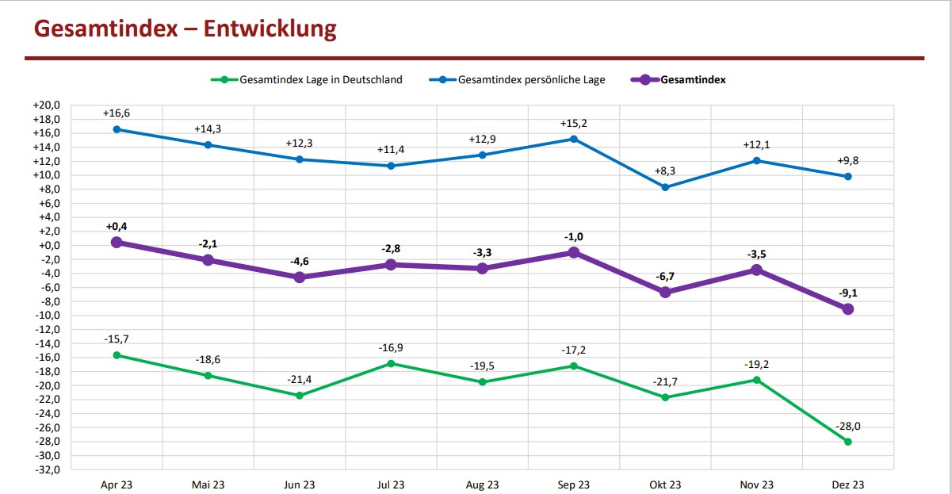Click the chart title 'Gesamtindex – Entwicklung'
(x=185, y=29)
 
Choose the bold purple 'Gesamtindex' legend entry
(x=693, y=79)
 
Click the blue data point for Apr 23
(x=117, y=129)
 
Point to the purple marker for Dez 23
(x=847, y=309)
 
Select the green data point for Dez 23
(x=847, y=442)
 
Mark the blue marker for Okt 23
(x=665, y=187)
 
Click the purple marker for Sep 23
(x=574, y=253)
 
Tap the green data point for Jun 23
(x=300, y=396)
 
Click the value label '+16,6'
(x=117, y=113)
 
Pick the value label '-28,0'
(x=847, y=426)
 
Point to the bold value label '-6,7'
(x=665, y=276)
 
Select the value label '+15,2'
(x=574, y=124)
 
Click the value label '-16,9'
(x=391, y=347)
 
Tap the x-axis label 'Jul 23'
(x=391, y=485)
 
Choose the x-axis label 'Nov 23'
(x=756, y=485)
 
